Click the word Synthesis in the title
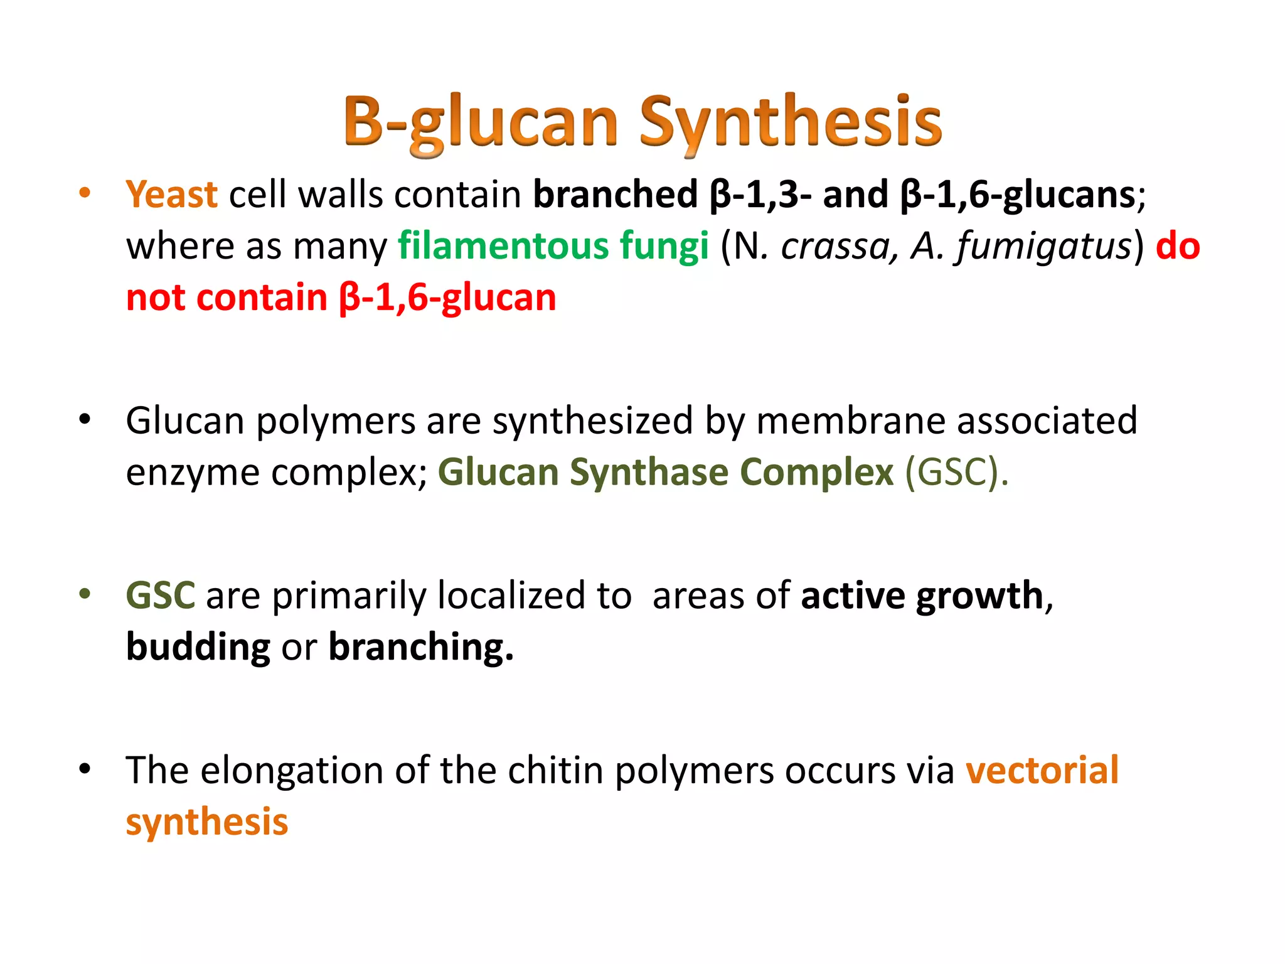pos(791,122)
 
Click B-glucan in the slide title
pos(480,122)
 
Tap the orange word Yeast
pos(171,195)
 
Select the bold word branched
pos(615,195)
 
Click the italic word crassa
pos(834,247)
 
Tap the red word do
pos(1178,245)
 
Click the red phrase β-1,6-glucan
pos(447,297)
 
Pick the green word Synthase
pos(649,472)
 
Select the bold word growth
pos(979,596)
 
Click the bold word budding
pos(198,647)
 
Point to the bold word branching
pos(420,647)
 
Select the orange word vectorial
pos(1042,771)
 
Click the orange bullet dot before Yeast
pos(85,193)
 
